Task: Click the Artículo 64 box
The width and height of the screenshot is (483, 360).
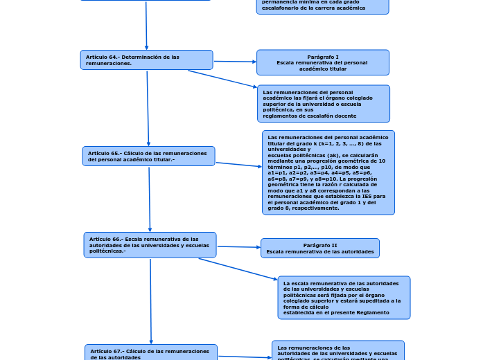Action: point(146,60)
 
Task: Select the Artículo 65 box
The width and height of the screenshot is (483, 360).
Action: point(148,156)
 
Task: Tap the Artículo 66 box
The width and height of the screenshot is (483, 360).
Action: point(150,245)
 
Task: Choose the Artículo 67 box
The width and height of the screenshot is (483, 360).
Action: point(151,352)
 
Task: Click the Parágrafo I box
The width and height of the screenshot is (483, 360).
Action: point(322,62)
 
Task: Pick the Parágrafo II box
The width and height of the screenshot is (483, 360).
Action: point(319,248)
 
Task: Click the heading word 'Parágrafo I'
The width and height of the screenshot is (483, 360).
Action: point(323,57)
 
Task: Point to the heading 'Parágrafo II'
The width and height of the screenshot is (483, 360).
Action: point(320,245)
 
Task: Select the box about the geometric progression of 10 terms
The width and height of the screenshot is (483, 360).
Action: point(328,172)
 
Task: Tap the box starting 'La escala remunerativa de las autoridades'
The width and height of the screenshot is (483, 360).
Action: point(344,298)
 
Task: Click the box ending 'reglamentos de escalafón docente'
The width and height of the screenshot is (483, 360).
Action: point(322,104)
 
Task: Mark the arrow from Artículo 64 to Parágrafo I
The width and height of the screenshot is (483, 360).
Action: point(234,62)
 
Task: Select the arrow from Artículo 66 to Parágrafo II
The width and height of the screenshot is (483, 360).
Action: point(238,246)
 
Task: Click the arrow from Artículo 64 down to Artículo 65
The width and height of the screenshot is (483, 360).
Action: point(148,107)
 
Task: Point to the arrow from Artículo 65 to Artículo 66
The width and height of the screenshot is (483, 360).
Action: point(150,199)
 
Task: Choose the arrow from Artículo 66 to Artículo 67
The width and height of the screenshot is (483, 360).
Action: point(151,300)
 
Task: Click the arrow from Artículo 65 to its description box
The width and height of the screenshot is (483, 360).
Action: point(238,165)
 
